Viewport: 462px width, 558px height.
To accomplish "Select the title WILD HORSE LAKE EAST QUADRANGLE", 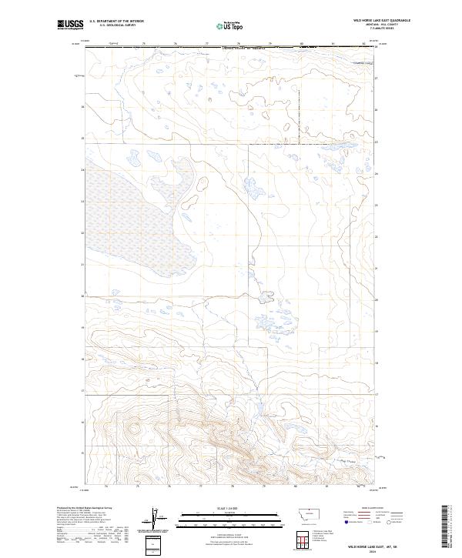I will point(382,21).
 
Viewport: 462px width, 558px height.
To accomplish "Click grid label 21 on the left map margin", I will point(82,264).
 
